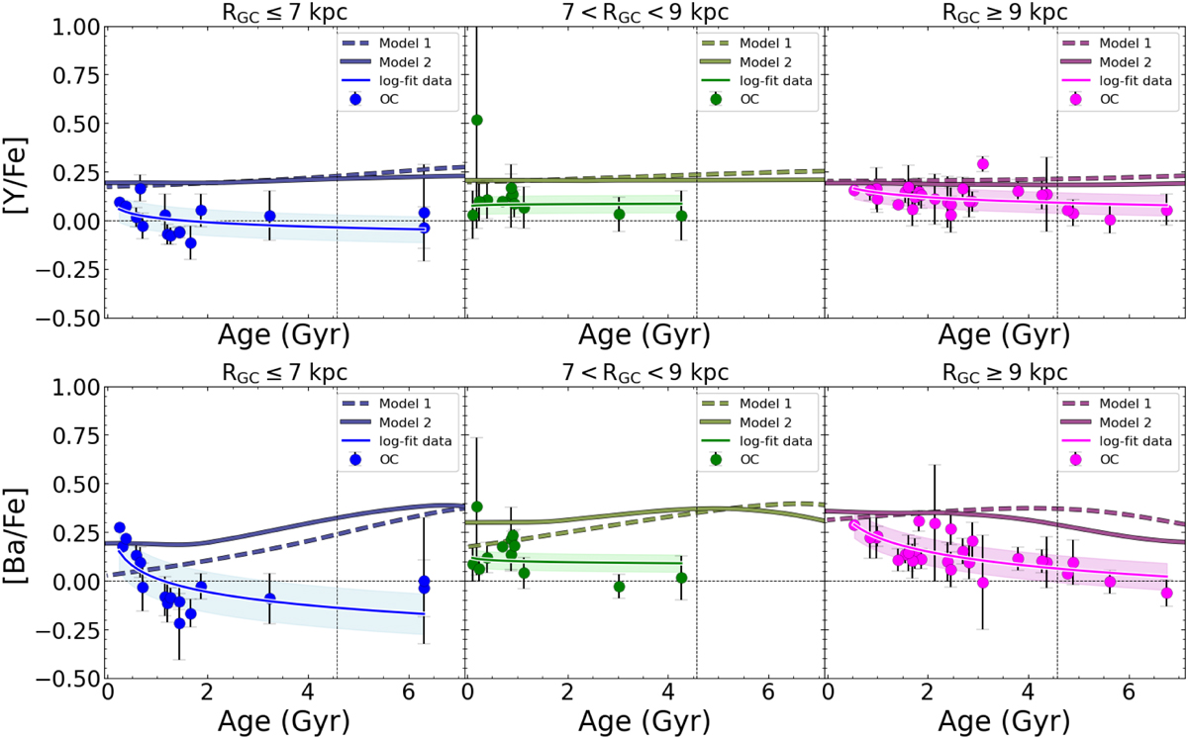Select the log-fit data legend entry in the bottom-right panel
tap(1139, 441)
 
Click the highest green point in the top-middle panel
tap(476, 120)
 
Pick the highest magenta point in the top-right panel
tap(983, 164)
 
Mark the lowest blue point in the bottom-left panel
tap(179, 623)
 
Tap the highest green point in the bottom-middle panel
tap(476, 507)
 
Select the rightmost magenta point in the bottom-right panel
tap(1166, 594)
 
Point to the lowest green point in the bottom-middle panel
tap(620, 587)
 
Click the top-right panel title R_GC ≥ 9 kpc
tap(1005, 11)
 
